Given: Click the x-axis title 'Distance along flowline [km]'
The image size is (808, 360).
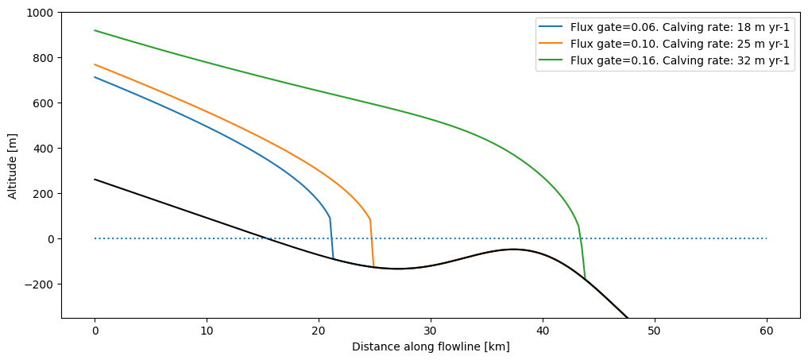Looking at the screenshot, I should click(431, 346).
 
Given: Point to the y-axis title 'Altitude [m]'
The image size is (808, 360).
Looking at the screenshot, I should click(12, 165).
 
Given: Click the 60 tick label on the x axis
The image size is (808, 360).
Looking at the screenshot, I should click(767, 330).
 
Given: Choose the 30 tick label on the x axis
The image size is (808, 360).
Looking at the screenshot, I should click(431, 330).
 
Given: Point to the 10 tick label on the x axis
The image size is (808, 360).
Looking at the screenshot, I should click(207, 330).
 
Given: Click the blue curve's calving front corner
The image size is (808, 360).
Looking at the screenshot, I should click(330, 218).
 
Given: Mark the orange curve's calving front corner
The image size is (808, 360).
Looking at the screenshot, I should click(369, 220).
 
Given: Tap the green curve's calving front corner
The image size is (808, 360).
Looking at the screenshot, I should click(578, 226).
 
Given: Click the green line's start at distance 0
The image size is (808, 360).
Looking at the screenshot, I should click(95, 30).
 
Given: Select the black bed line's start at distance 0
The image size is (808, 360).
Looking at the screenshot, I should click(95, 180).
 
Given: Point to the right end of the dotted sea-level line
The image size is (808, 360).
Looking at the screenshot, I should click(766, 238).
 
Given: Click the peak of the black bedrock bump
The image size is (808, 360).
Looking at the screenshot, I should click(513, 250).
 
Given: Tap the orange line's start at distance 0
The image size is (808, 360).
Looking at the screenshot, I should click(95, 64).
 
